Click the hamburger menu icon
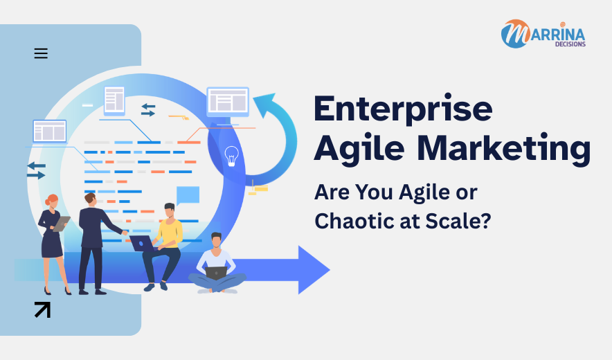[41, 53]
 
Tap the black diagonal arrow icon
[42, 309]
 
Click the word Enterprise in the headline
[403, 109]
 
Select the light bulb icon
[231, 156]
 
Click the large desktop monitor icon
[228, 102]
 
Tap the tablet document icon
[114, 100]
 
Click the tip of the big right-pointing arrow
[327, 269]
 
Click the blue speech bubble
[188, 195]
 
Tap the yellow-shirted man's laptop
[142, 243]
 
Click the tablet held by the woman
[62, 223]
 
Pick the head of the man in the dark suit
[90, 199]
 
